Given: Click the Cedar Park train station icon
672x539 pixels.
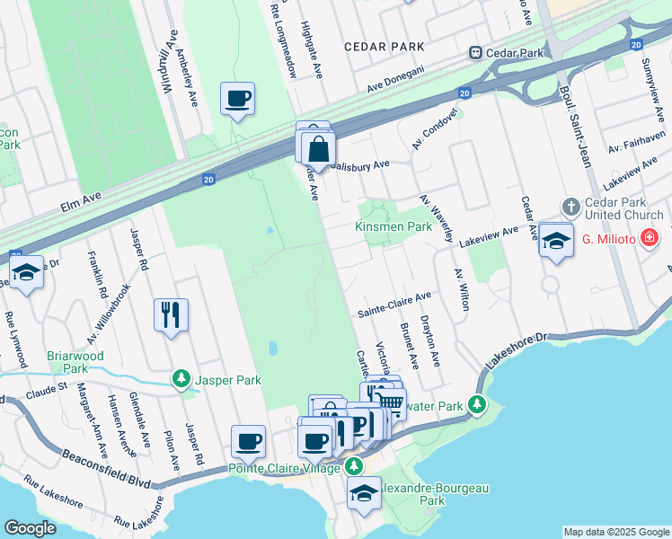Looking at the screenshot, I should point(474,53).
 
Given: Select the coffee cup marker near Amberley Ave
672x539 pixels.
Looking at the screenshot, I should point(237,99).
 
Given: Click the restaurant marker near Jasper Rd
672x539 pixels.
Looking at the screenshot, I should point(171,314).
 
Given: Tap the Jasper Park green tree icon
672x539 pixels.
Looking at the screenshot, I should point(182,380).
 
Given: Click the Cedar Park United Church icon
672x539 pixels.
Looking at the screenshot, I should point(570,208).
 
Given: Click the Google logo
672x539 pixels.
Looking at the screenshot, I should point(30,528).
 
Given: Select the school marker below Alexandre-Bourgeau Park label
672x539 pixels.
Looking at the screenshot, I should point(364,493).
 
